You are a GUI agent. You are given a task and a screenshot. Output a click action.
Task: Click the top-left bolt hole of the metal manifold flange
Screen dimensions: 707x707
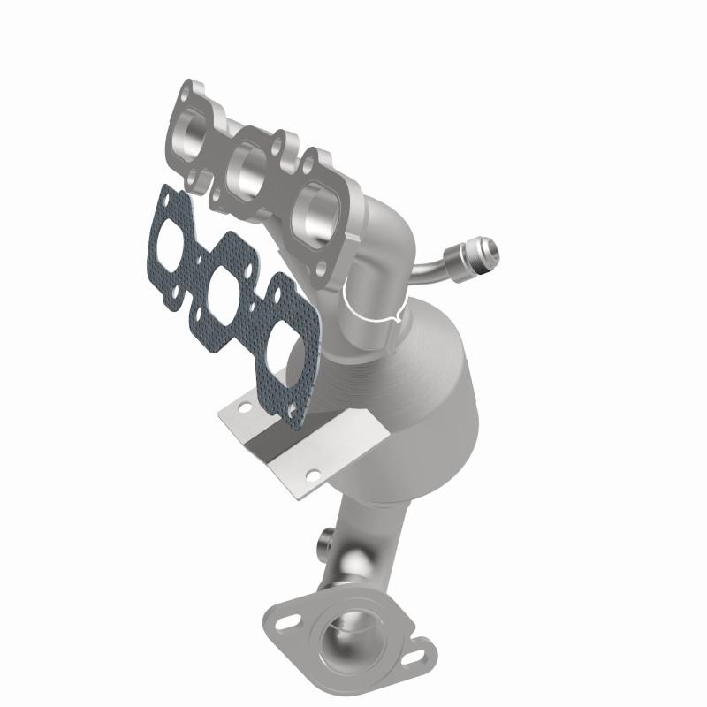pos(186,90)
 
